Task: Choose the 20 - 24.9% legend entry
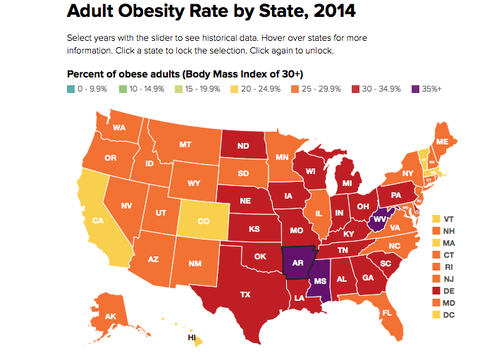coord(258,89)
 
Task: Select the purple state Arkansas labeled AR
coord(298,261)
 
